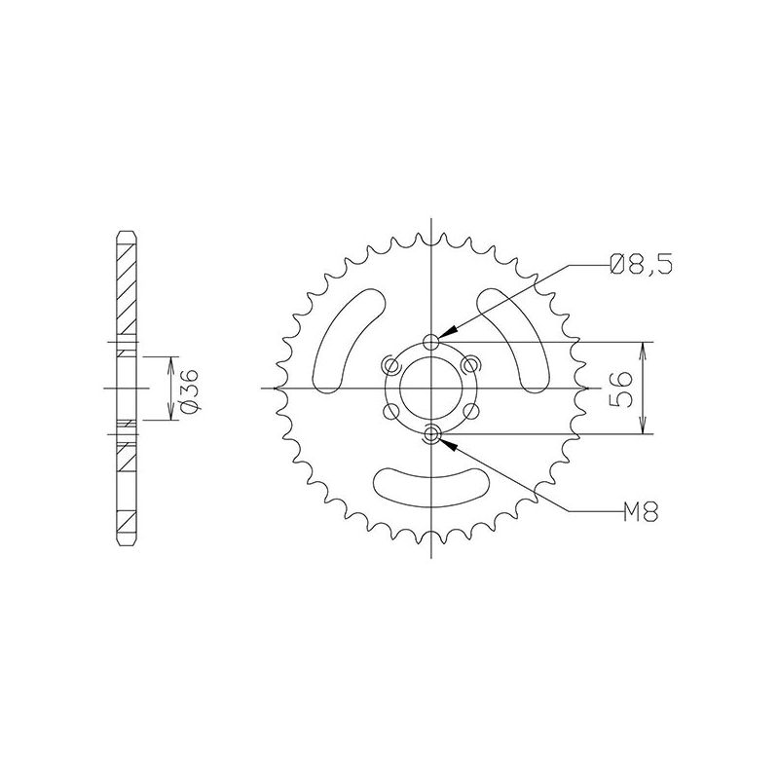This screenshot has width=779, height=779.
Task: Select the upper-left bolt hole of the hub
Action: pos(390,365)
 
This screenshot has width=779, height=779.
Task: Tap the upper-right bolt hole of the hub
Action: pos(472,365)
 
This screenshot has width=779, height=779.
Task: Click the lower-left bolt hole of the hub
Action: pos(390,412)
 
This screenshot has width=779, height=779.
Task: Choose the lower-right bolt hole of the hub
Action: pos(472,412)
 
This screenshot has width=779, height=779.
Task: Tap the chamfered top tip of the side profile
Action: pos(125,233)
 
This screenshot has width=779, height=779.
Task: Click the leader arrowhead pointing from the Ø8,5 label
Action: pos(441,335)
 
